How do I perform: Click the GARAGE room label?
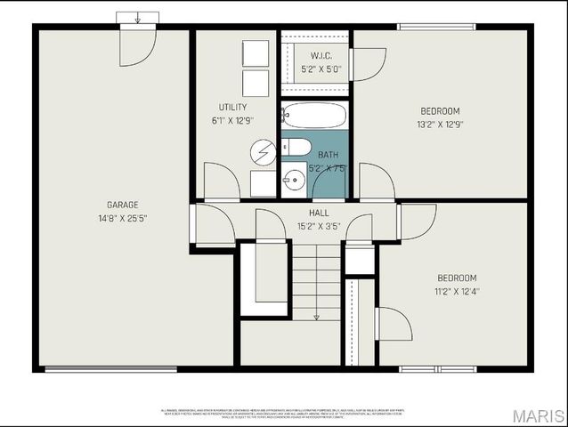(x=122, y=205)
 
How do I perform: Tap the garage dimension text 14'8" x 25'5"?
(x=122, y=218)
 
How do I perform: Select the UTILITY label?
(x=232, y=107)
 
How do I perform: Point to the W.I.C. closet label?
(x=321, y=55)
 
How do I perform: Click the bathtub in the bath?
(x=313, y=116)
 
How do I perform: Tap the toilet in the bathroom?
(x=296, y=147)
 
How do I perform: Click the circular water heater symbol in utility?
(x=263, y=152)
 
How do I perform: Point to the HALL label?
(x=319, y=213)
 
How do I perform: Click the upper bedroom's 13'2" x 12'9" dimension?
(x=441, y=125)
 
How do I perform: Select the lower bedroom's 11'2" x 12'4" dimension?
(x=456, y=291)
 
